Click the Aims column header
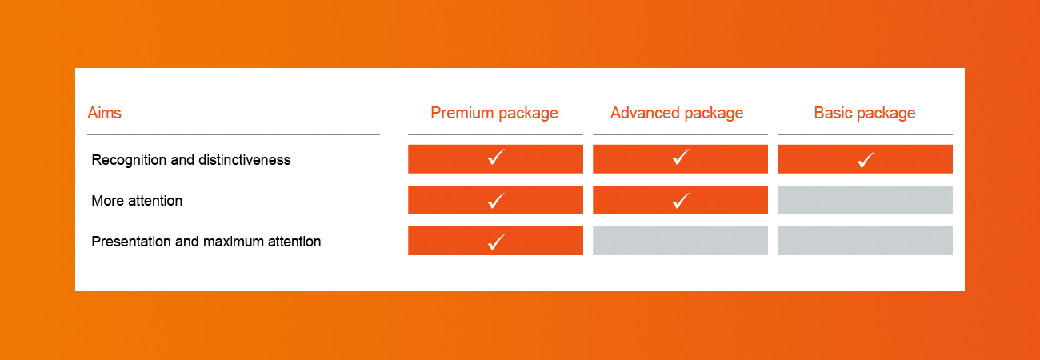105,113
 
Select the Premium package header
494,114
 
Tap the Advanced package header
677,114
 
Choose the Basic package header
865,114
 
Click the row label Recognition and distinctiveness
191,160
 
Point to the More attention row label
137,201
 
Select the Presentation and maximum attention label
206,242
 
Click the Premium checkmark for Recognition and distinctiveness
496,157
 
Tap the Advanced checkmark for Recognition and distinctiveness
681,157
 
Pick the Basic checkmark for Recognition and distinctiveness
866,160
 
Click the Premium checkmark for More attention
496,201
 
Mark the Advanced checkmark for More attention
681,201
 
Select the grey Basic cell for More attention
865,200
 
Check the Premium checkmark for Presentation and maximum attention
496,242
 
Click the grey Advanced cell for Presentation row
680,241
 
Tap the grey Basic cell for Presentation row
865,241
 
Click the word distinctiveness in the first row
245,160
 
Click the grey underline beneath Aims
234,134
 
